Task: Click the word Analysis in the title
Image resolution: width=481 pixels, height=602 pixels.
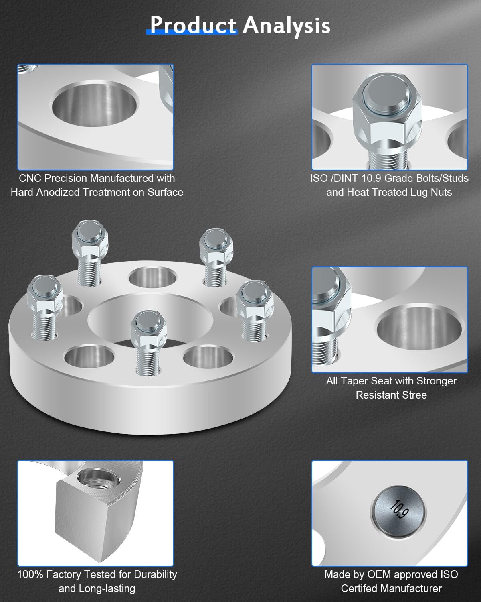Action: (286, 25)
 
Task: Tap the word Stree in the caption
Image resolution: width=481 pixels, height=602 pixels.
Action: (415, 395)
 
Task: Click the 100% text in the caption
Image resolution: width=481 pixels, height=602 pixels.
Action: (30, 574)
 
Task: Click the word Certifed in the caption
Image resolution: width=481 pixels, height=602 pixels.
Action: (359, 588)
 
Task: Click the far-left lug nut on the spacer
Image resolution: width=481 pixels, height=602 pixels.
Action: (44, 292)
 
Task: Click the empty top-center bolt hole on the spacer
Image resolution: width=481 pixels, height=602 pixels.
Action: (153, 277)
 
